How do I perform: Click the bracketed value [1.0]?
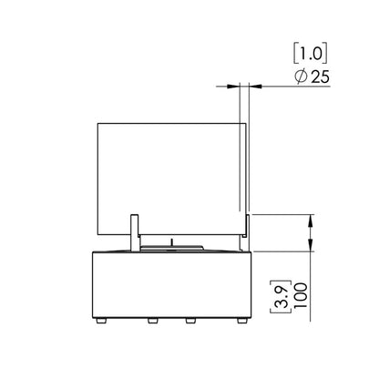311,55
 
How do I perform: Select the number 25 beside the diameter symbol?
321,77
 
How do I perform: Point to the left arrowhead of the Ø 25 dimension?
233,87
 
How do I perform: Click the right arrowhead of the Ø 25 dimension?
255,87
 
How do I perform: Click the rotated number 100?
301,295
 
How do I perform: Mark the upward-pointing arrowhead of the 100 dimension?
311,221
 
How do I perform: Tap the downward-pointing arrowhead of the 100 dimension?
311,245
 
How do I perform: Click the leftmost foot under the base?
101,321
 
